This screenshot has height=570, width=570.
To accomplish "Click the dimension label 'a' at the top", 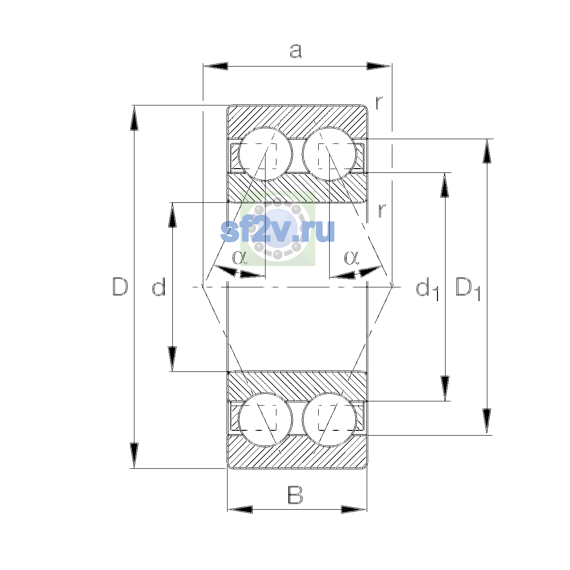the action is (x=296, y=51).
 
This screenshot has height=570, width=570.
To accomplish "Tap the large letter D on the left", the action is (x=120, y=286).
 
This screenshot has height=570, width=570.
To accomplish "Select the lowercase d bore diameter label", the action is (x=159, y=286).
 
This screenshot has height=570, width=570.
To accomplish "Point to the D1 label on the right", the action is (x=468, y=288).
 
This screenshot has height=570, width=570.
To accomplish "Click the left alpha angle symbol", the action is (x=239, y=257).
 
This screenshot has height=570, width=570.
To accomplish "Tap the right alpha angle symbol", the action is (x=351, y=257).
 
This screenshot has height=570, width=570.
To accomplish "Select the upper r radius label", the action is (x=379, y=103).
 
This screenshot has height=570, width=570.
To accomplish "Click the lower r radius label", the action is (x=382, y=210).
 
